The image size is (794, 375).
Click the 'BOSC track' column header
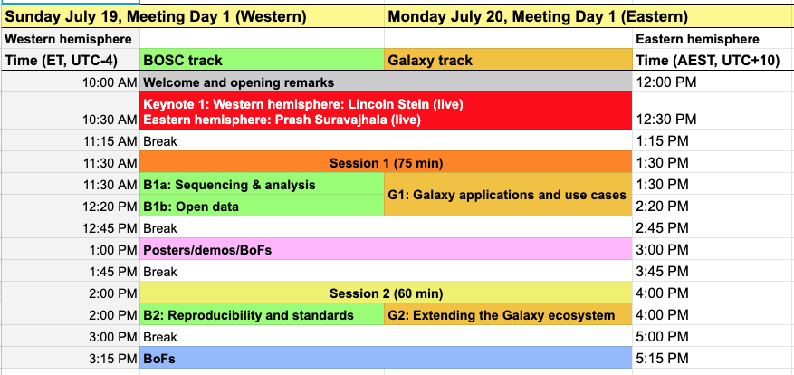[x=262, y=60]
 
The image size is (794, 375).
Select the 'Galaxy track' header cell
[x=508, y=60]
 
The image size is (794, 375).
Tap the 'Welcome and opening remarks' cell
[x=386, y=82]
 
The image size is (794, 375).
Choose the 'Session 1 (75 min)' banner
[x=386, y=163]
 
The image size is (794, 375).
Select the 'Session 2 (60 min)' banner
[x=386, y=293]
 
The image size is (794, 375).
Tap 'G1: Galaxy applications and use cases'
[x=508, y=195]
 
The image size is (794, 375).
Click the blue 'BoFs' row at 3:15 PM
[x=386, y=359]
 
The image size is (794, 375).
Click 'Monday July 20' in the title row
[x=447, y=16]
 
